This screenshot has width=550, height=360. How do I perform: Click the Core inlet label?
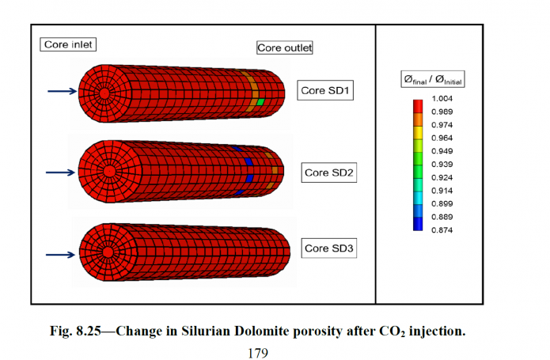[x=68, y=44]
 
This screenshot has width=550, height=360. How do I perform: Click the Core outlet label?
[x=285, y=47]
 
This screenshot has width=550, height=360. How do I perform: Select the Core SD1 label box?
[x=325, y=90]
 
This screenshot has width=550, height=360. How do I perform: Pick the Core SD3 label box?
[x=330, y=249]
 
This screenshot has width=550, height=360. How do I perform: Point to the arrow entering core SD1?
[x=60, y=92]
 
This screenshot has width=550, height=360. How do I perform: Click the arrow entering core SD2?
[x=60, y=171]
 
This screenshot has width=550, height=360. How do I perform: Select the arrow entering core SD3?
[x=60, y=255]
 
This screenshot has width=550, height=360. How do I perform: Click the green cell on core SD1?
[x=260, y=103]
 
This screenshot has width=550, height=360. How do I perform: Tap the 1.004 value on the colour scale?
[x=442, y=99]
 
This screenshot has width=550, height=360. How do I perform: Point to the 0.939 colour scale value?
[x=442, y=163]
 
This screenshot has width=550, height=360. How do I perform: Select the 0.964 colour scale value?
[x=442, y=138]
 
